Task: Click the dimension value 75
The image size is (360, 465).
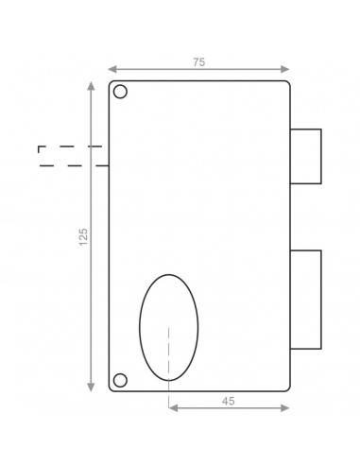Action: pyautogui.click(x=198, y=61)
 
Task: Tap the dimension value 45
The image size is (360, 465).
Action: pyautogui.click(x=228, y=401)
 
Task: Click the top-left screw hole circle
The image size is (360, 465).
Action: pyautogui.click(x=121, y=94)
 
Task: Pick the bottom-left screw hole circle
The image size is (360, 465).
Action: pyautogui.click(x=121, y=380)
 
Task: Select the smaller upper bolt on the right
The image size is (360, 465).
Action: pyautogui.click(x=305, y=155)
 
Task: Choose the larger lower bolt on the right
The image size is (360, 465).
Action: pyautogui.click(x=305, y=298)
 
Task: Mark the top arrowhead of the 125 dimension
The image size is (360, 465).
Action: pyautogui.click(x=92, y=86)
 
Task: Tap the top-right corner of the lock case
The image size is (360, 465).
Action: pyautogui.click(x=287, y=83)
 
